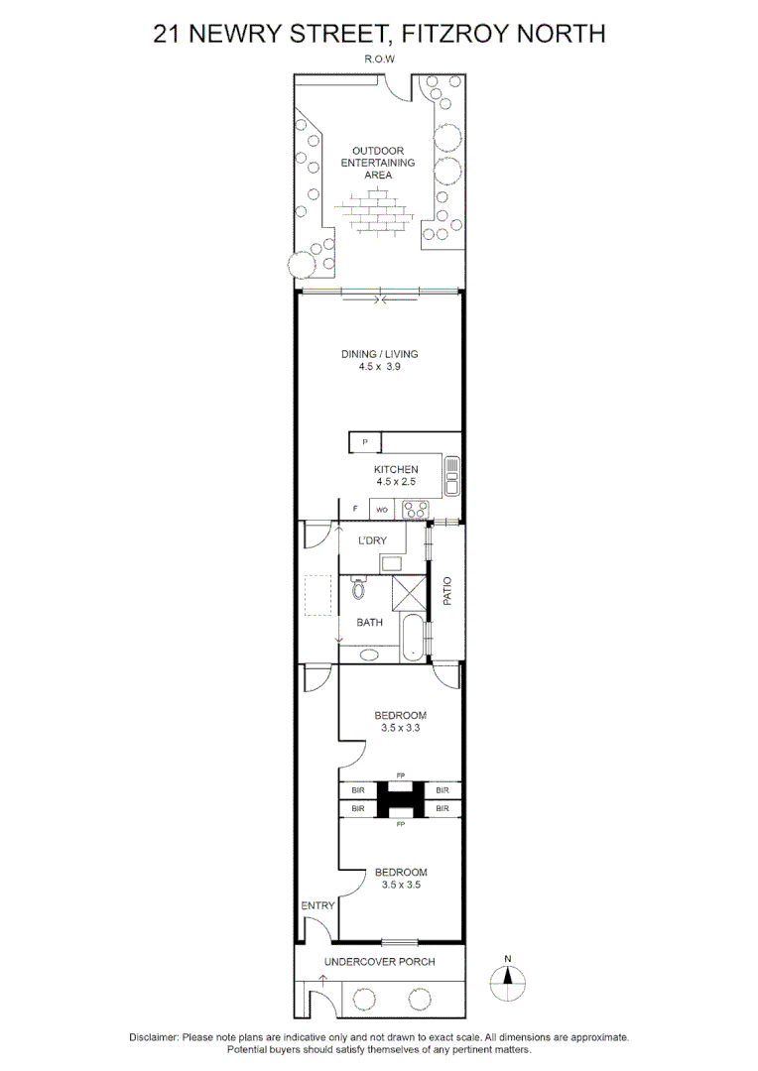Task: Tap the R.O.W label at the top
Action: pos(379,59)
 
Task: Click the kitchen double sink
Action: pos(451,475)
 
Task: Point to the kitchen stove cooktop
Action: pos(414,510)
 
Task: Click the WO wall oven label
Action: pos(381,510)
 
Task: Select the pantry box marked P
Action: pos(364,441)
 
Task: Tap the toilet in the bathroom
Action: pos(358,590)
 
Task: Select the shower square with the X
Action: pos(408,593)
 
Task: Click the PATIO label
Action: pos(447,592)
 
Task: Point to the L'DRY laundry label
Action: pos(374,540)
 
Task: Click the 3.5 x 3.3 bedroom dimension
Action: pos(400,727)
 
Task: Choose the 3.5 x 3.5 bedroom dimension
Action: pos(400,885)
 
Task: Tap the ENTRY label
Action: pos(317,905)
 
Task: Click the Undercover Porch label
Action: pos(380,962)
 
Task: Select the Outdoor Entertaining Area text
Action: pos(378,163)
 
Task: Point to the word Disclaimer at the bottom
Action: pos(154,1037)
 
